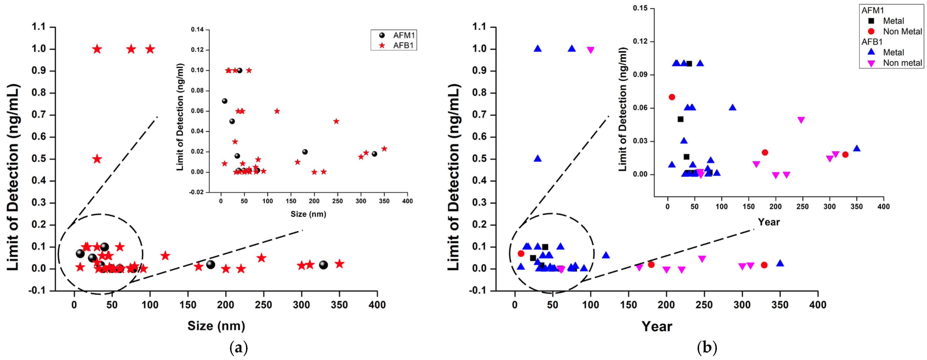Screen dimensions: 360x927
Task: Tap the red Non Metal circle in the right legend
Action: (871, 31)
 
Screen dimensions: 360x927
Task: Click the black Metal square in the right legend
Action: (871, 21)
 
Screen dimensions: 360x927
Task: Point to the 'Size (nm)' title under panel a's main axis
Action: (216, 326)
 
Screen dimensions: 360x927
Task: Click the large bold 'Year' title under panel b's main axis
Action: (657, 326)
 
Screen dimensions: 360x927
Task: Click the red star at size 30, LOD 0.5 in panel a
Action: (97, 159)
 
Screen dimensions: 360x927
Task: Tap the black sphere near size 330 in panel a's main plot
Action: (324, 265)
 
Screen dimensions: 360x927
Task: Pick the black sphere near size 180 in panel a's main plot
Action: (210, 265)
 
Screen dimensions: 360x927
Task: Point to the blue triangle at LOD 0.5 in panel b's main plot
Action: (538, 158)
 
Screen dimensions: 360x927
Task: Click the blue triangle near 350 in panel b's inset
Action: (857, 148)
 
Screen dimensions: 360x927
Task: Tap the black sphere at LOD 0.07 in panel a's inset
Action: (225, 101)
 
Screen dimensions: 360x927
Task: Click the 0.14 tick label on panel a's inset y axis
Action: (197, 30)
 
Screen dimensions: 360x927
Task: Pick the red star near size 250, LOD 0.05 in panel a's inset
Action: (336, 121)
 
